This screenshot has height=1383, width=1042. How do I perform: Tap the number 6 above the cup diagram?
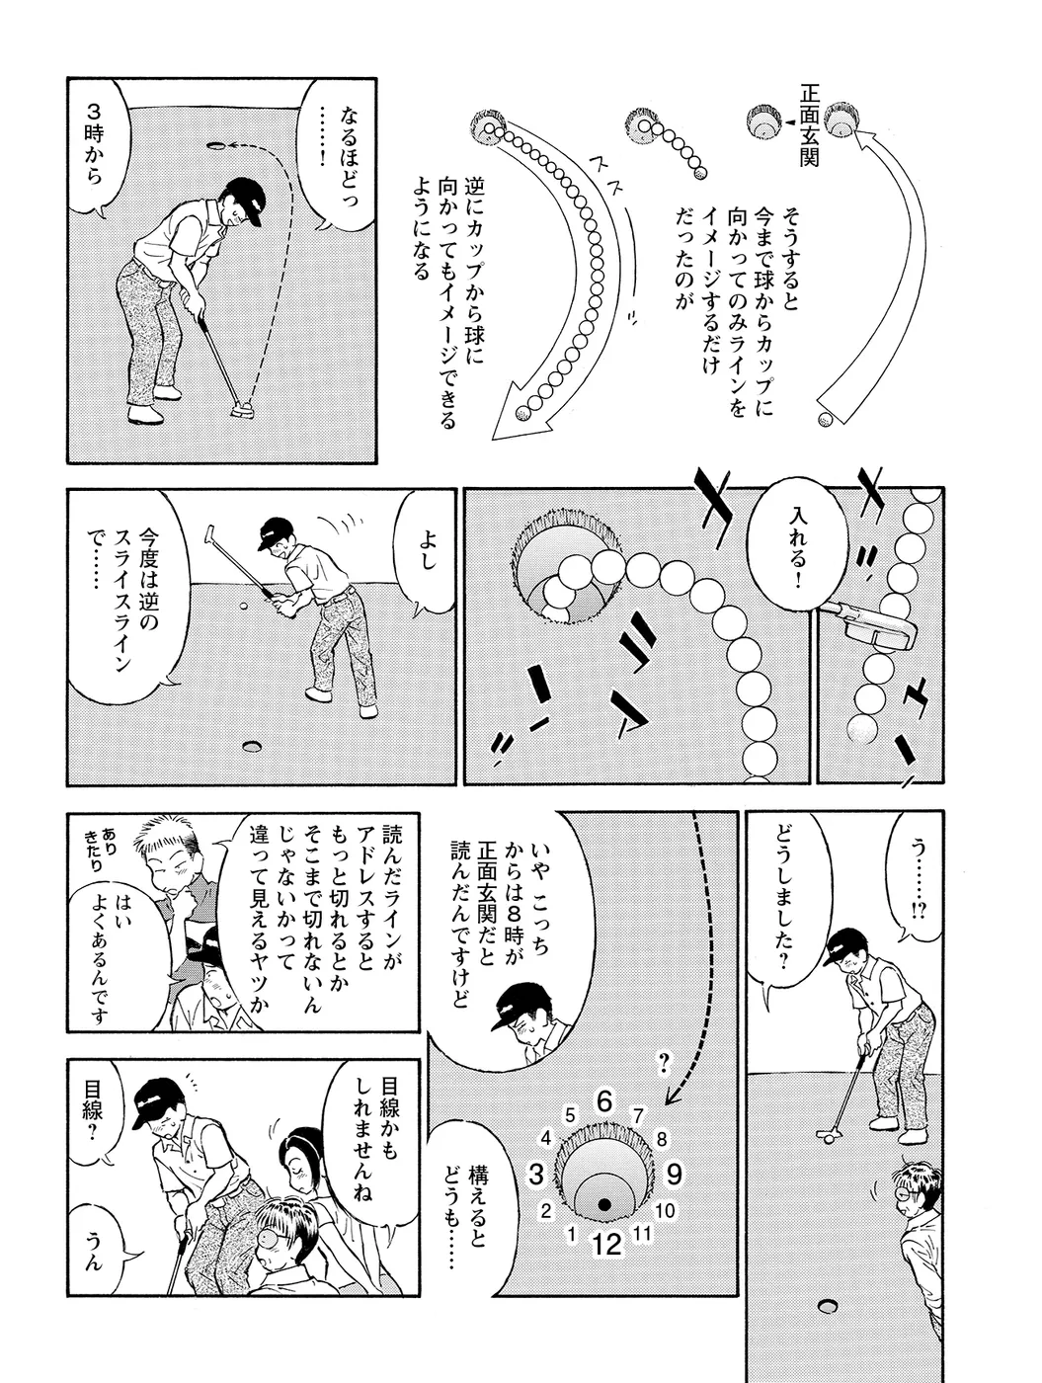(x=604, y=1102)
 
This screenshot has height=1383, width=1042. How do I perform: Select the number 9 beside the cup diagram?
(x=674, y=1175)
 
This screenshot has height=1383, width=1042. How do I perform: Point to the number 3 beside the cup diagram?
(x=536, y=1175)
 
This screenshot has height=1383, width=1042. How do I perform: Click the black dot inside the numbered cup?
(x=604, y=1204)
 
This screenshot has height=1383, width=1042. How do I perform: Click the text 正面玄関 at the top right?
(x=808, y=124)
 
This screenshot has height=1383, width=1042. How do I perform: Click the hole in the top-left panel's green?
(x=215, y=145)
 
